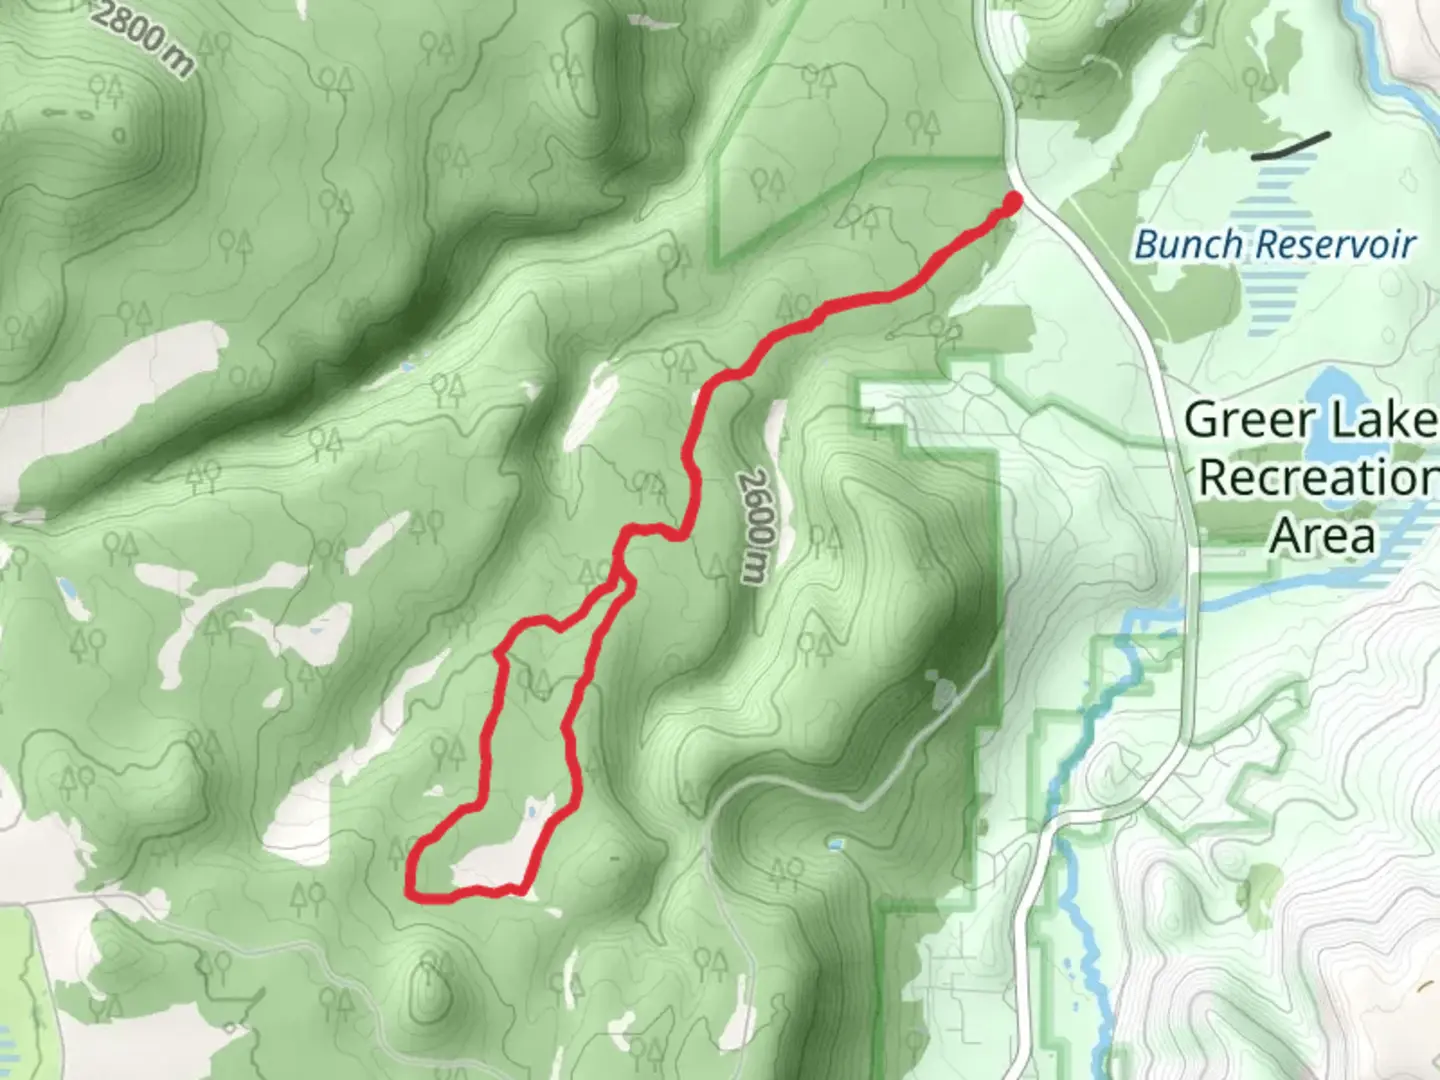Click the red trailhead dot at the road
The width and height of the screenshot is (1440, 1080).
1012,202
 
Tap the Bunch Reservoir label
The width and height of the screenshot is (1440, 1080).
1275,244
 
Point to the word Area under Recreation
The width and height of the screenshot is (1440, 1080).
1322,535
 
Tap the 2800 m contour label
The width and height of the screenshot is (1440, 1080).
146,38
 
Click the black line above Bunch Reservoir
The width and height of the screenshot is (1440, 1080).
1291,146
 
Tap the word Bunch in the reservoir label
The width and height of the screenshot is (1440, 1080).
1189,244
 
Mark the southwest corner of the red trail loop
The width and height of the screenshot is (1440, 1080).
411,890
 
